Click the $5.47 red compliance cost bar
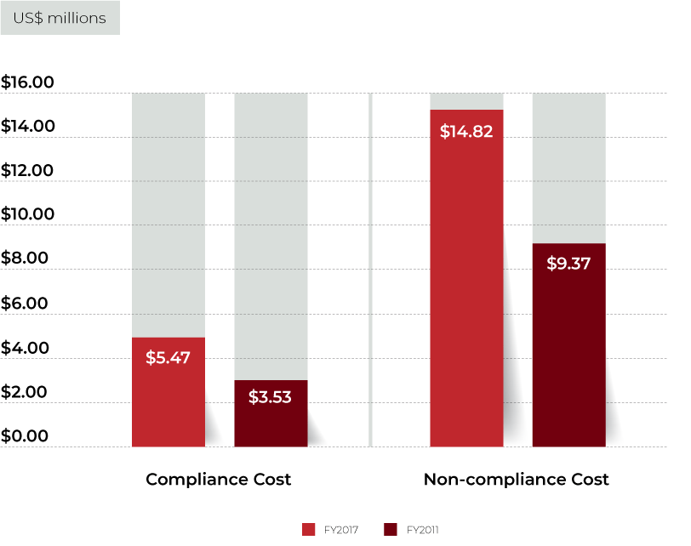168,392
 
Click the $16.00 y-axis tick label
27,82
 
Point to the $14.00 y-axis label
27,127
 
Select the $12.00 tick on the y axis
27,171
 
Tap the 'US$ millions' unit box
60,18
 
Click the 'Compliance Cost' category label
219,480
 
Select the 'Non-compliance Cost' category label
517,480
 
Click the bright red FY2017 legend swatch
308,530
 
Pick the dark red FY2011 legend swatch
391,530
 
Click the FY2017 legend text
340,530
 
